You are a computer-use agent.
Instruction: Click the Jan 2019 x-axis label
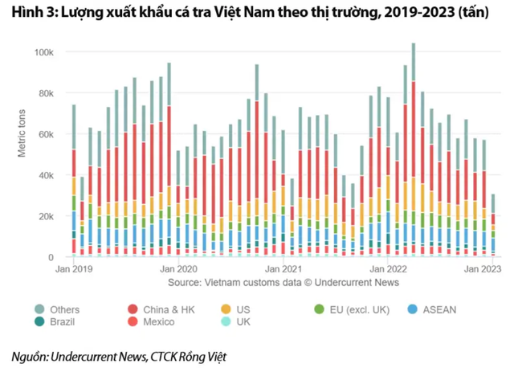pyautogui.click(x=71, y=269)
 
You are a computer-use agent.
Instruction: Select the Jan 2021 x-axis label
pyautogui.click(x=283, y=269)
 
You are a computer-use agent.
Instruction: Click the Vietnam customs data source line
pyautogui.click(x=284, y=283)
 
